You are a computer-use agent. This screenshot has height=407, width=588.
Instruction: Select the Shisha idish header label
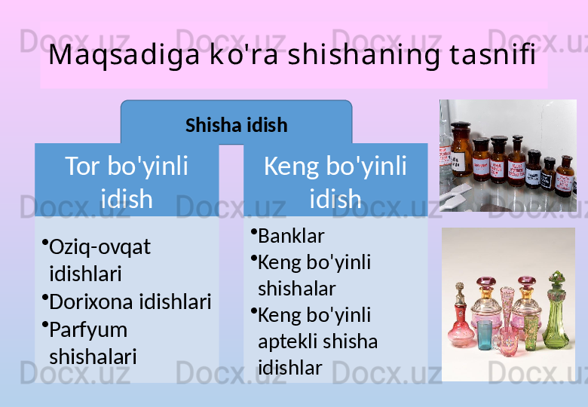pos(236,125)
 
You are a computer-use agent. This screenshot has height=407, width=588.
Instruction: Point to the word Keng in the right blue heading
pos(292,167)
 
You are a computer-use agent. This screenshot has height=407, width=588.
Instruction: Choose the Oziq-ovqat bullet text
pos(100,247)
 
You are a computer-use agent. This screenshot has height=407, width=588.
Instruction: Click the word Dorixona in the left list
pos(91,301)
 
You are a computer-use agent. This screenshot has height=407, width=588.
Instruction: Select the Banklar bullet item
pos(291,236)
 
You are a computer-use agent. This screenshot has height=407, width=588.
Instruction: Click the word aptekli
pos(288,342)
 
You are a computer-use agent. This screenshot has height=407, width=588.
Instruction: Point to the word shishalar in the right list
pos(296,288)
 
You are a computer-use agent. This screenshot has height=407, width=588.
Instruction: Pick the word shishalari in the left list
pos(93,357)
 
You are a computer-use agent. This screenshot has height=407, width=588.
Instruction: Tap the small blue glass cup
pos(484,335)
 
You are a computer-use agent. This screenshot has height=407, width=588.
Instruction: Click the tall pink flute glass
pos(507,311)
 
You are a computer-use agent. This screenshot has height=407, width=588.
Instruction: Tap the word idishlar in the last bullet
pos(290,368)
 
